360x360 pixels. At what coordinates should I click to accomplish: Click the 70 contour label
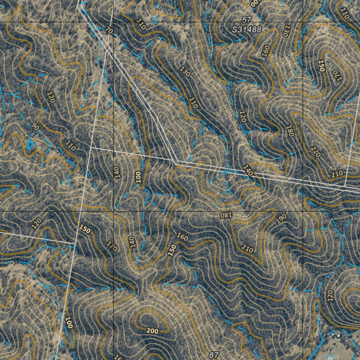click(109, 31)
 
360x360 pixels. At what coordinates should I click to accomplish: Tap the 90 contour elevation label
click(35, 127)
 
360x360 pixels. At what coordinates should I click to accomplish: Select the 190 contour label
click(281, 219)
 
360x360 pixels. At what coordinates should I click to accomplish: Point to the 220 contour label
click(315, 151)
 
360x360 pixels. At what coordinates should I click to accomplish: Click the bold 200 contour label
click(152, 331)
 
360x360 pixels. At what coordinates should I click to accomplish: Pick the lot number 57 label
click(247, 19)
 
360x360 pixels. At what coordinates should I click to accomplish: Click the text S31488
click(247, 30)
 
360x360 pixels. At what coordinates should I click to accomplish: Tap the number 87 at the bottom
click(214, 355)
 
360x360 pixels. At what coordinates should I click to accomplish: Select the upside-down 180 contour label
click(225, 215)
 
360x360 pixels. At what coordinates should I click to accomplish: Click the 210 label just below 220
click(337, 174)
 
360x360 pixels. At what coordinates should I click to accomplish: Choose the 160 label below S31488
click(266, 51)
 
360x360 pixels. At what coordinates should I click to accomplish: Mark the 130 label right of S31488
click(285, 31)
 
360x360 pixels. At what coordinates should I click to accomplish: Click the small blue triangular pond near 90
click(30, 144)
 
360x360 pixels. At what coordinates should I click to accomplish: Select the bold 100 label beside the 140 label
click(138, 176)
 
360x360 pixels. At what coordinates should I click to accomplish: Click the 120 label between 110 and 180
click(242, 116)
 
